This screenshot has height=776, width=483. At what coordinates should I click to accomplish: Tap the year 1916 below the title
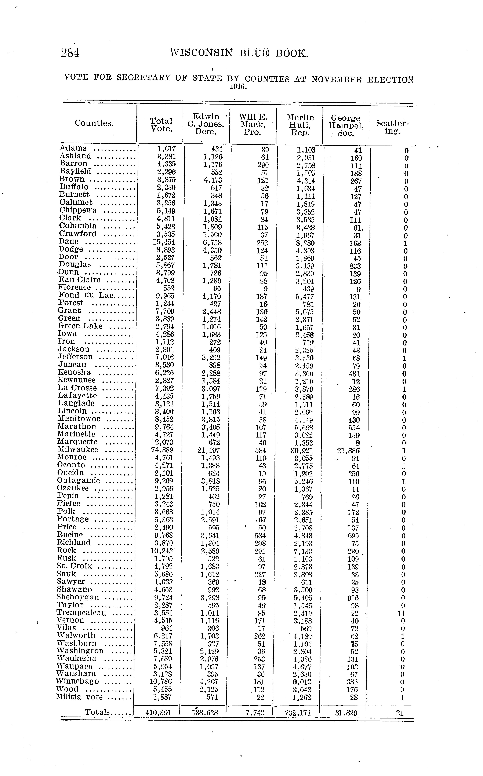click(238, 87)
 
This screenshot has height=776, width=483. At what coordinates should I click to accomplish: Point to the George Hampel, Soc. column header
click(346, 125)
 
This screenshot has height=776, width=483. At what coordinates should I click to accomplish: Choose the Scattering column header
click(393, 127)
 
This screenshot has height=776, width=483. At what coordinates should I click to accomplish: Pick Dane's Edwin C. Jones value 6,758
click(212, 243)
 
